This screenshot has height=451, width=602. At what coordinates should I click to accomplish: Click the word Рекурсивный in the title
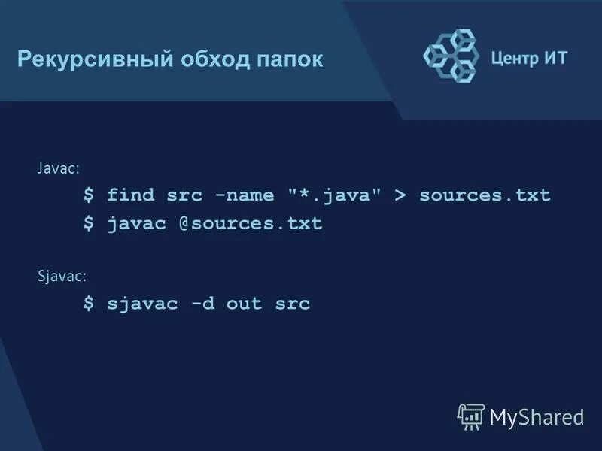(94, 59)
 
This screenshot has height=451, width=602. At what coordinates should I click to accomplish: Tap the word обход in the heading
(214, 59)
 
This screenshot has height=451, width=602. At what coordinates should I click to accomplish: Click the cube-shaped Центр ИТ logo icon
(451, 55)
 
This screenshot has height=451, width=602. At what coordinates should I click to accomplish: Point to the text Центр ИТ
(528, 59)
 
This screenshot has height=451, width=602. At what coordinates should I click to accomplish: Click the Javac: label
(59, 168)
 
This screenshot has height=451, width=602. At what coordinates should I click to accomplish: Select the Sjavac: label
(62, 276)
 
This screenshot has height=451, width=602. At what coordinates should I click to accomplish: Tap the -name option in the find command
(245, 195)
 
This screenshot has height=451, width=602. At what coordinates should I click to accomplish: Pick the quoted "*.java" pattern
(334, 195)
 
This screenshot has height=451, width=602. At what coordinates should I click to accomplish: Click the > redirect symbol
(400, 195)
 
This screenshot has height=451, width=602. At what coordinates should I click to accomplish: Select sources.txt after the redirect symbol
(485, 195)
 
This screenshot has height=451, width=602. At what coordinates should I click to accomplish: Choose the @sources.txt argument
(250, 223)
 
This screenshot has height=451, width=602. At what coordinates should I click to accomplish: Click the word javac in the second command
(136, 223)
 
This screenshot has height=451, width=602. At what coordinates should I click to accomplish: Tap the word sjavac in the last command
(142, 304)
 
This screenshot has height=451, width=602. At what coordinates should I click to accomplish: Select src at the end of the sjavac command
(293, 304)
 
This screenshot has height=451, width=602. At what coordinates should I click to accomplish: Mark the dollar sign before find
(89, 195)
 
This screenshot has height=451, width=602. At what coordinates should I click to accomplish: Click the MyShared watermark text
(536, 417)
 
